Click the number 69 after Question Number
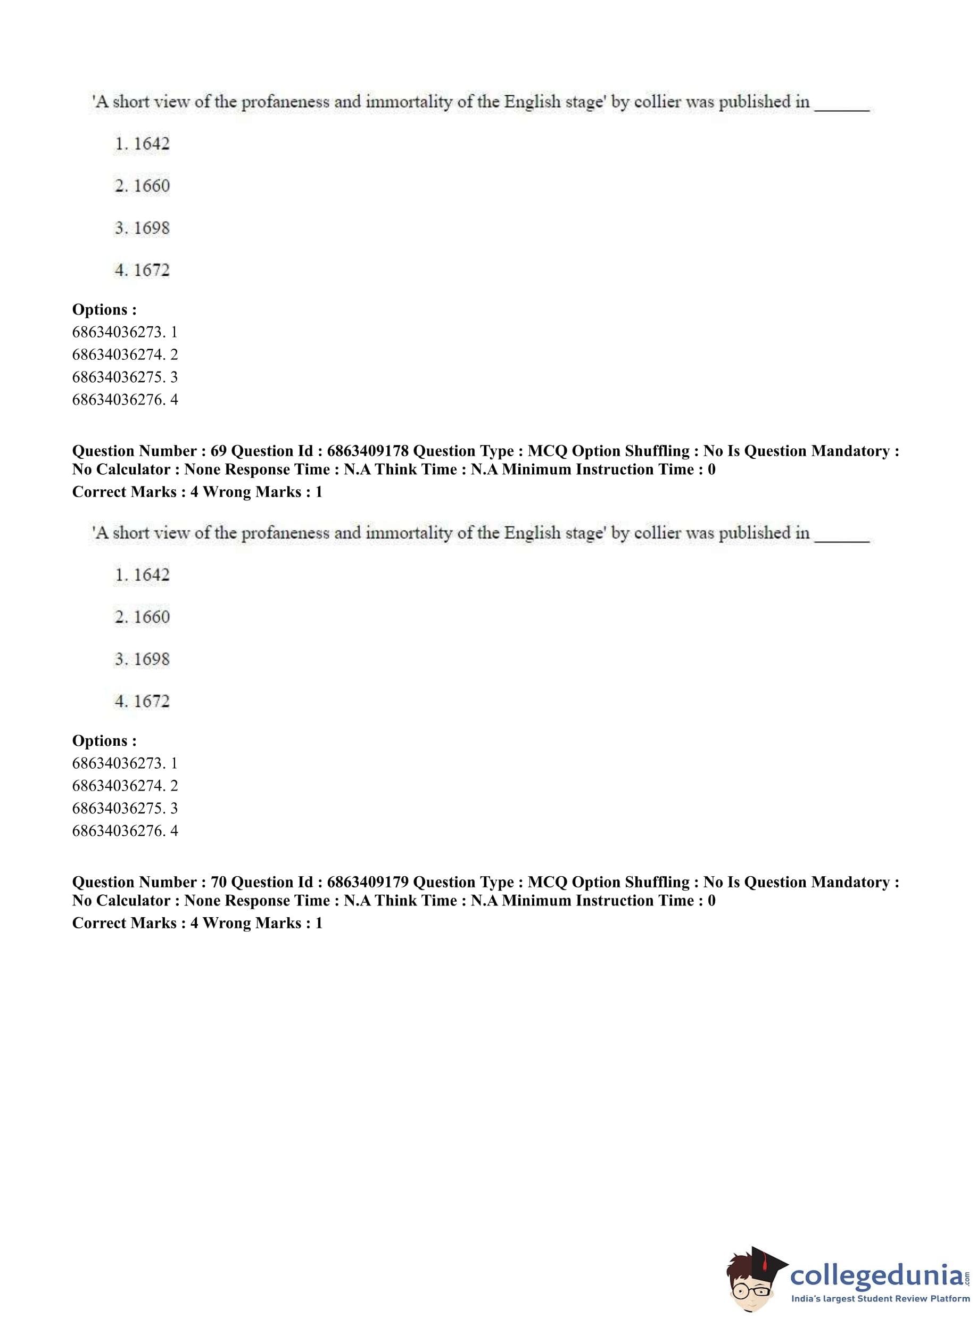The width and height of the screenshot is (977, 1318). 218,451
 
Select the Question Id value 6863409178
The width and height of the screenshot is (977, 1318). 367,451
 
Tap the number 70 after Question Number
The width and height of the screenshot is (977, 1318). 218,882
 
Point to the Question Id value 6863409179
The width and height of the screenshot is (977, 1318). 367,882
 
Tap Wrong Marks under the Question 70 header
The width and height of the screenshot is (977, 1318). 252,923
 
